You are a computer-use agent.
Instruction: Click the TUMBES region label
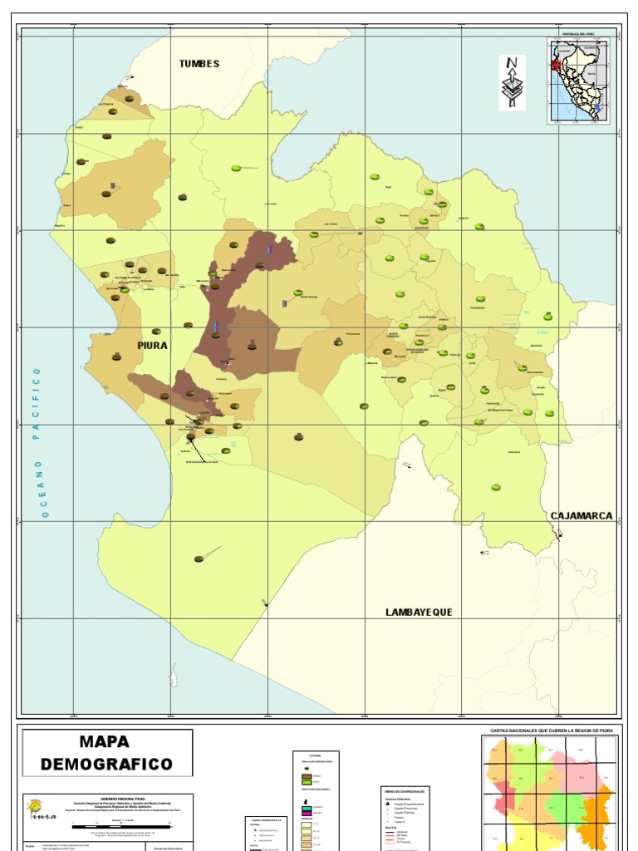click(199, 64)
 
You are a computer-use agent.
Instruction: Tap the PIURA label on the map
click(153, 345)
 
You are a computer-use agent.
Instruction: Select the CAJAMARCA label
click(582, 516)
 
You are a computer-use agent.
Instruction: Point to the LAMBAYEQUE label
click(419, 612)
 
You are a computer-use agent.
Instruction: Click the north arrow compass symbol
click(512, 81)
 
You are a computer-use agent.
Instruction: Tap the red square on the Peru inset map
click(555, 64)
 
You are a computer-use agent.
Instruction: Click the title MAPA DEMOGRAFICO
click(107, 753)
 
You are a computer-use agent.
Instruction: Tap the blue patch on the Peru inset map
click(598, 107)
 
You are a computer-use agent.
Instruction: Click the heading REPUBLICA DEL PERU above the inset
click(579, 34)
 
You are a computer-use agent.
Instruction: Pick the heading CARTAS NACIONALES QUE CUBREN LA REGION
click(551, 730)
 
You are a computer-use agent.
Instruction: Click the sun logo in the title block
click(36, 807)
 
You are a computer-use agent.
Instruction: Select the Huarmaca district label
click(514, 452)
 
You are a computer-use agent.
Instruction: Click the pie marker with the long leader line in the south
click(199, 558)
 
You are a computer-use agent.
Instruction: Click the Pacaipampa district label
click(477, 308)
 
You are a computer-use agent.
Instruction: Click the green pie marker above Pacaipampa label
click(480, 299)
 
